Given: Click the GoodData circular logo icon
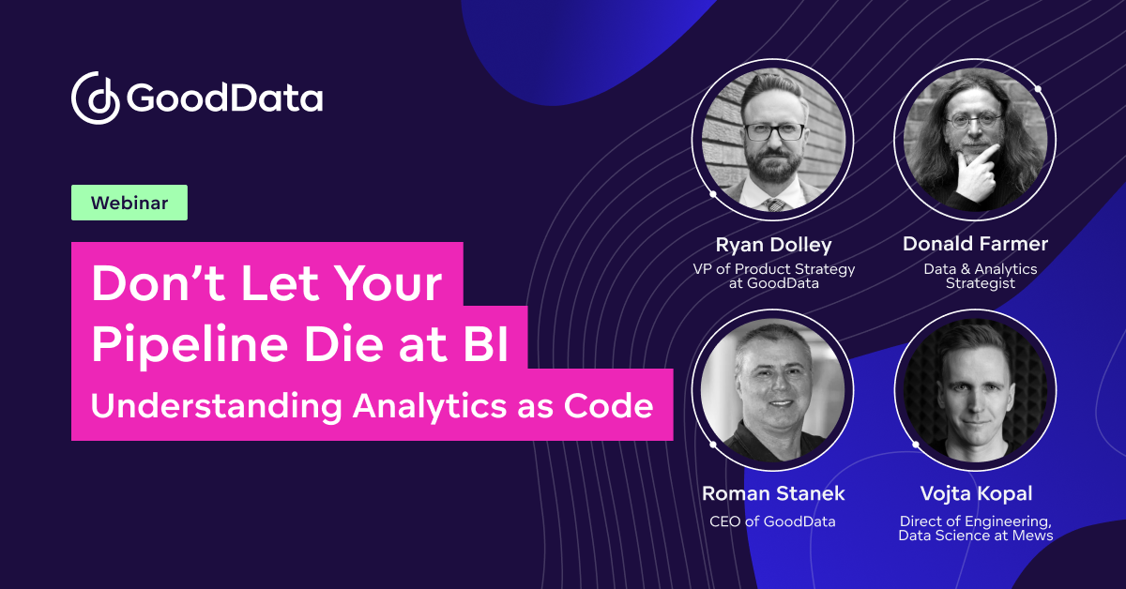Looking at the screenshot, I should [95, 98].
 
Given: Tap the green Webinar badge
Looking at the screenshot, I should [129, 203].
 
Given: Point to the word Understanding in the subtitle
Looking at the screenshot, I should [214, 407].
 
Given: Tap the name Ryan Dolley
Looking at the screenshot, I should [773, 245].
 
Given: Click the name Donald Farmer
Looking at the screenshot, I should [975, 245].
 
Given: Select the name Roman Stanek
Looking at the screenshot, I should [773, 493].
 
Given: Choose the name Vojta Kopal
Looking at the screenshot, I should [975, 493].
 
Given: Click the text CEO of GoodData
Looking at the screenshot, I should [772, 521].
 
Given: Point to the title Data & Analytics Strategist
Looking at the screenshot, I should [975, 276].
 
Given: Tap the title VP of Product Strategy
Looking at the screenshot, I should [773, 269].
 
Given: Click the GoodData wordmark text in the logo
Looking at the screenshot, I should [224, 98].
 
